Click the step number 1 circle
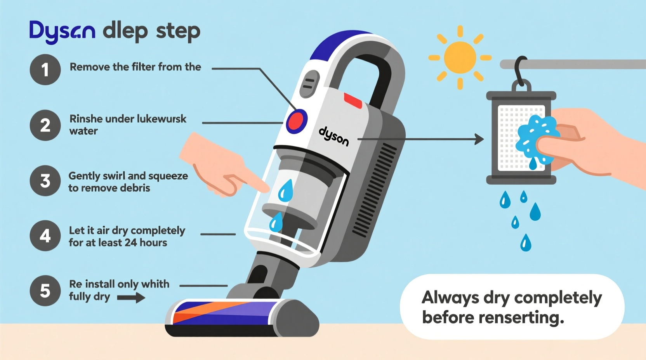click(45, 70)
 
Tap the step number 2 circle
click(45, 125)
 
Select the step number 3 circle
click(45, 181)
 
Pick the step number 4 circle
click(45, 236)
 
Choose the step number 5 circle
click(45, 291)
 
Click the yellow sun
click(460, 57)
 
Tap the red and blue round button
click(297, 121)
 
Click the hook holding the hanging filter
click(520, 72)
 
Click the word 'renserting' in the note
click(521, 318)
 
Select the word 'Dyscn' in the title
click(62, 31)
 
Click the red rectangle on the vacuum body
click(353, 100)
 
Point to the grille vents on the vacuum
click(375, 190)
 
